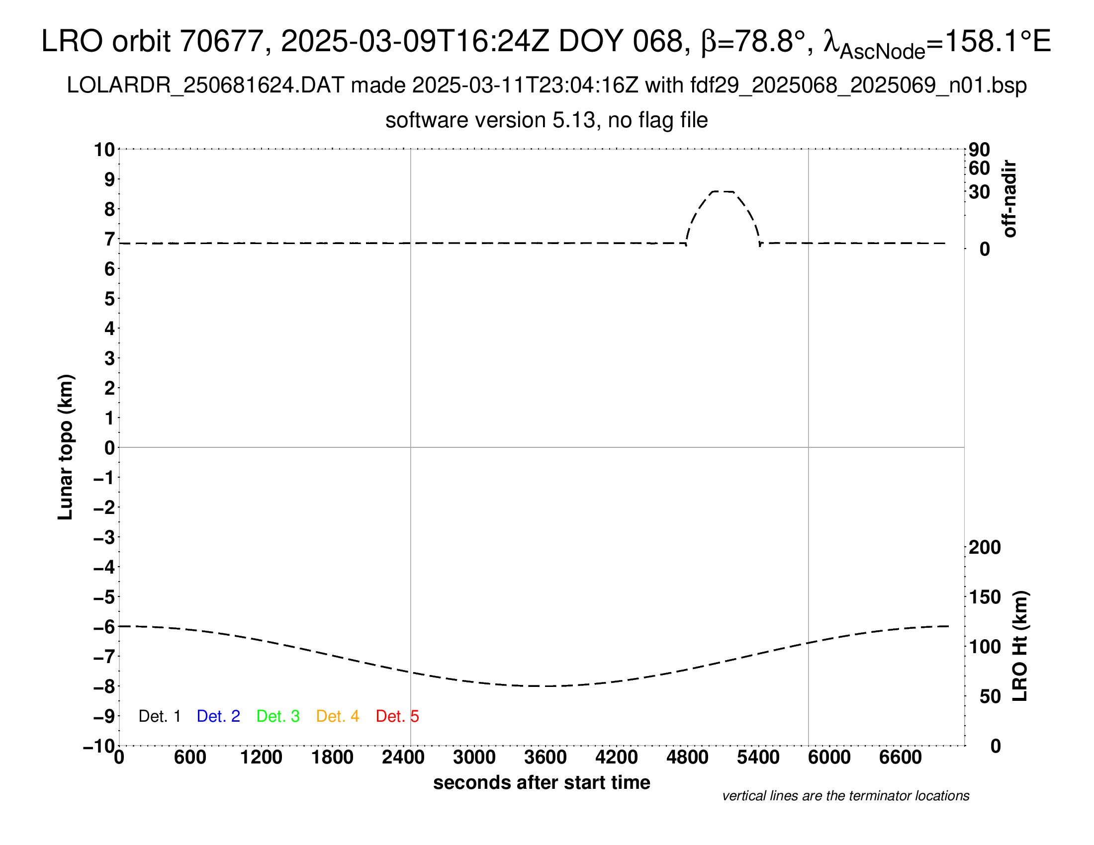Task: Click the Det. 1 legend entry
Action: [159, 716]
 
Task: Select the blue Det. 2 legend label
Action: [218, 716]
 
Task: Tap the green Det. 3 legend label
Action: [278, 716]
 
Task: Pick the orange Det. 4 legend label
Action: [338, 716]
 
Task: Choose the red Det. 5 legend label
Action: [397, 716]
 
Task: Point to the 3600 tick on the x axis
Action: [546, 757]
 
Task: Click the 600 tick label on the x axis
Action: [190, 757]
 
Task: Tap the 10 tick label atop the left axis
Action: [105, 150]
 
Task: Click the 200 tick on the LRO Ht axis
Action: [985, 548]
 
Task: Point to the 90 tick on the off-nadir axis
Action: [979, 150]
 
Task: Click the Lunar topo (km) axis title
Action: [66, 447]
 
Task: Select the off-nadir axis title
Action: [1010, 199]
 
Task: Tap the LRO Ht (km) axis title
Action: [1020, 646]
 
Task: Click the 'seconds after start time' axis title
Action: [542, 782]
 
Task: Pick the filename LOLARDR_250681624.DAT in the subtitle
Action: [205, 85]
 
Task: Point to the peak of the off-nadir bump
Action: [723, 191]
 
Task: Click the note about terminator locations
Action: [845, 796]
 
